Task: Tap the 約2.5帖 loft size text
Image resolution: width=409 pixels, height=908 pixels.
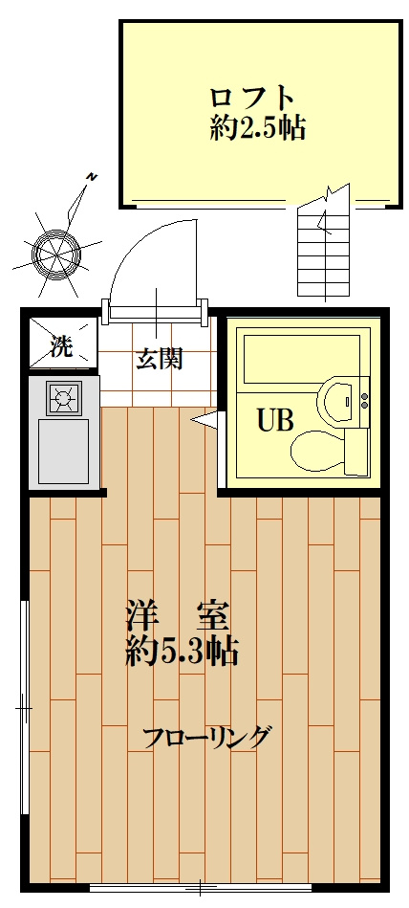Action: [257, 128]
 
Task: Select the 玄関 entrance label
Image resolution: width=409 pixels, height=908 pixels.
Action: [160, 360]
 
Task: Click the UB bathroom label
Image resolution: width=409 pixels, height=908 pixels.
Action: [274, 421]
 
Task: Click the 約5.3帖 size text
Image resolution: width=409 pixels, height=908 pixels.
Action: [182, 653]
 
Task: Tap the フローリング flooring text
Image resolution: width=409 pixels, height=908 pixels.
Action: [207, 737]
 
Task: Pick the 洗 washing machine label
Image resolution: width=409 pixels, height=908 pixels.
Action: [61, 345]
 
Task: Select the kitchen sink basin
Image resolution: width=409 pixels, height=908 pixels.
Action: [63, 450]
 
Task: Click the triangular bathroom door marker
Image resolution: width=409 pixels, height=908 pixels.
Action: [204, 418]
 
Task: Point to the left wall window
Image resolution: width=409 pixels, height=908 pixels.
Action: [24, 708]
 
